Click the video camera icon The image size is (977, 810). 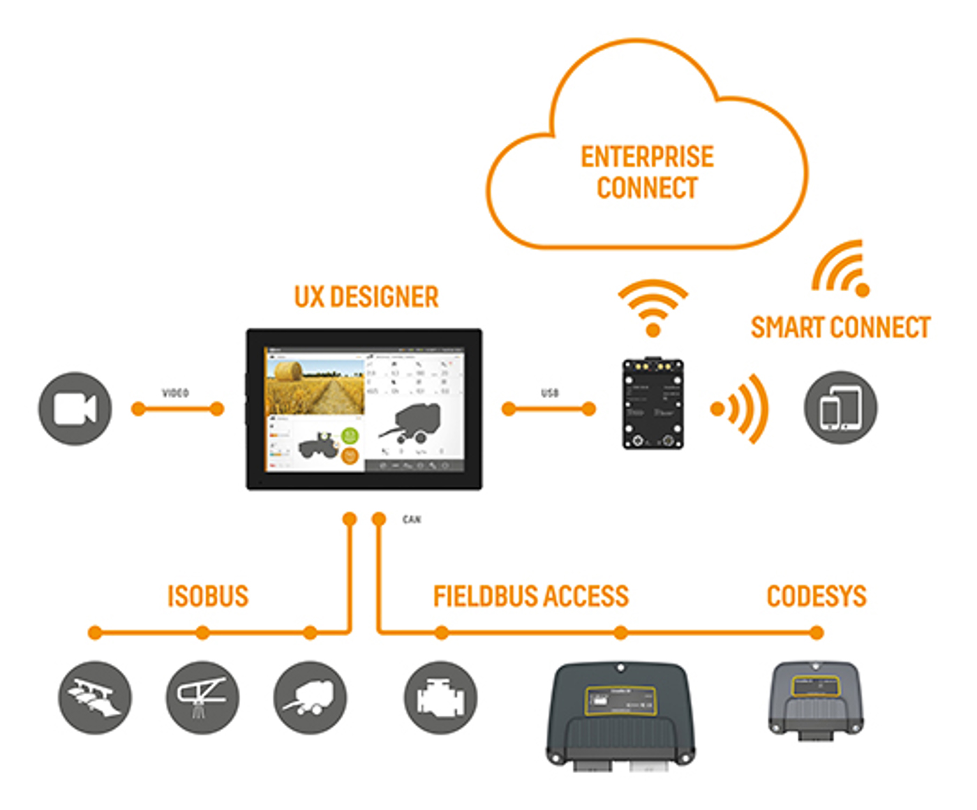pos(75,408)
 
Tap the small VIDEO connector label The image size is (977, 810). pos(175,393)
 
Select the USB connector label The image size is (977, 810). pos(549,393)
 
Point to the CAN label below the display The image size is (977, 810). pos(412,520)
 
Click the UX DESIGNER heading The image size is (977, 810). pos(366,297)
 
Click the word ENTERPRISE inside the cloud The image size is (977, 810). pos(647,157)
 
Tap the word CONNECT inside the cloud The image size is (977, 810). pos(647,188)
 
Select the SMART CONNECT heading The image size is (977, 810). pos(840,327)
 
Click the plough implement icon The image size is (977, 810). pos(94,698)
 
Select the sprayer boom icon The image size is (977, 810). pos(202,698)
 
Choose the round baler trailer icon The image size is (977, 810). pos(310,698)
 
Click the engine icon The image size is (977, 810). pos(440,698)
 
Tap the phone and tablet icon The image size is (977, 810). pos(840,408)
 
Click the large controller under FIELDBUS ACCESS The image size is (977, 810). pos(620,716)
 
